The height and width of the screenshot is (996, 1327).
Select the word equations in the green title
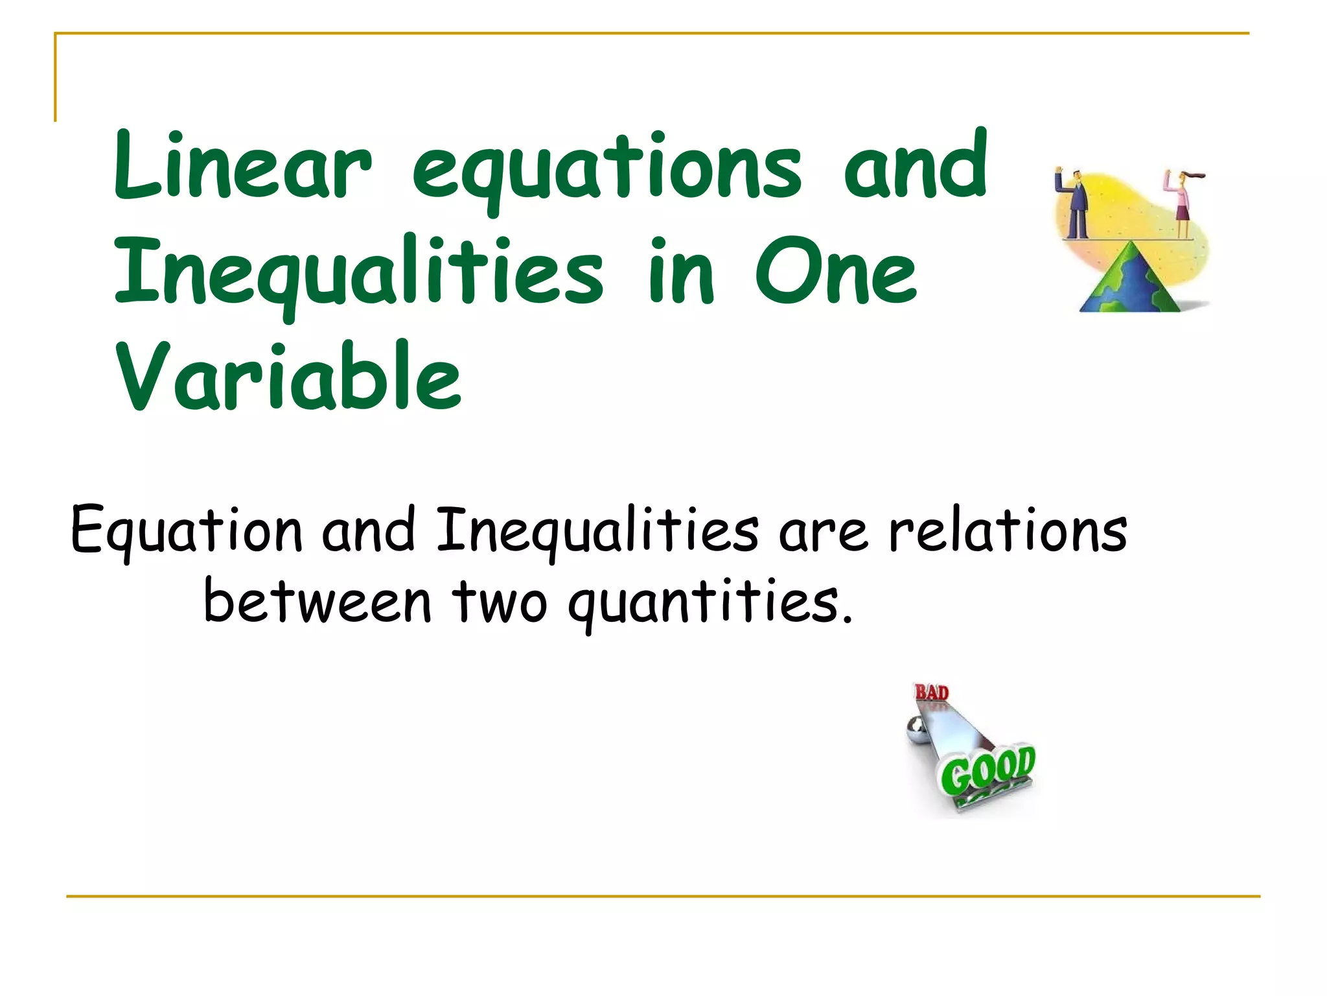coord(607,170)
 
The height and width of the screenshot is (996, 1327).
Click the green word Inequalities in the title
coord(360,274)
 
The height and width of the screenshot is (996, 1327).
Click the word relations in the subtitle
coord(1008,530)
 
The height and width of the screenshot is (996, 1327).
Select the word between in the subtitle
coord(317,602)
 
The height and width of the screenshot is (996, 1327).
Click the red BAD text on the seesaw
coord(931,693)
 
